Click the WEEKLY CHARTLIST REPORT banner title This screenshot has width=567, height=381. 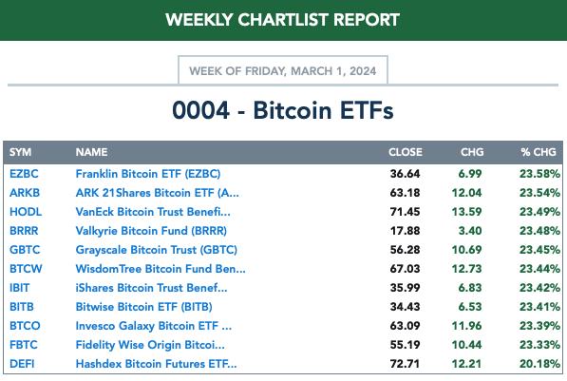[x=282, y=20]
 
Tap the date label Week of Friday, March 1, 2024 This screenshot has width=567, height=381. [x=283, y=70]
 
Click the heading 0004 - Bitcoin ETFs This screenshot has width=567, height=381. [x=283, y=110]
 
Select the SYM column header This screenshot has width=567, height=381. [x=20, y=152]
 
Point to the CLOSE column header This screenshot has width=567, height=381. [x=406, y=152]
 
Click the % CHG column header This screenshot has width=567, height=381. [x=539, y=152]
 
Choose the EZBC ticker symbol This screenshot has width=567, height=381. [x=24, y=174]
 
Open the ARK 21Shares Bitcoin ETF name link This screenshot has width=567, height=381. [x=158, y=193]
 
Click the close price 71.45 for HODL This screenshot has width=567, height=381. [x=405, y=212]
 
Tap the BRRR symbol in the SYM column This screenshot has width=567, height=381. [x=24, y=231]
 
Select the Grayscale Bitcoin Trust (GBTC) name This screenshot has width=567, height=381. [x=156, y=250]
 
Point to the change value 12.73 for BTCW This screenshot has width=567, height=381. [x=467, y=269]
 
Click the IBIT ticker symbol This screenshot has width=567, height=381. [x=20, y=288]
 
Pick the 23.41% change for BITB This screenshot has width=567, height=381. [x=539, y=307]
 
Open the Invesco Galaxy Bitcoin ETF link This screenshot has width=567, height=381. [x=154, y=326]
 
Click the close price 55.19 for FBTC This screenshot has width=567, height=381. [x=405, y=345]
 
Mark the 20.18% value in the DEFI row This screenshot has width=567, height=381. [x=539, y=364]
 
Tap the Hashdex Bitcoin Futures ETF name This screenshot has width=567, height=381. [x=156, y=364]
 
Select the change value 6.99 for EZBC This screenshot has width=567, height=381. [x=470, y=174]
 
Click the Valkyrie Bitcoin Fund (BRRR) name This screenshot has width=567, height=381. [x=151, y=231]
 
